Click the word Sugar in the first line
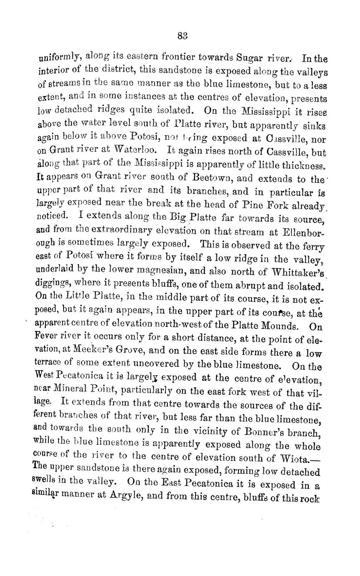249,58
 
